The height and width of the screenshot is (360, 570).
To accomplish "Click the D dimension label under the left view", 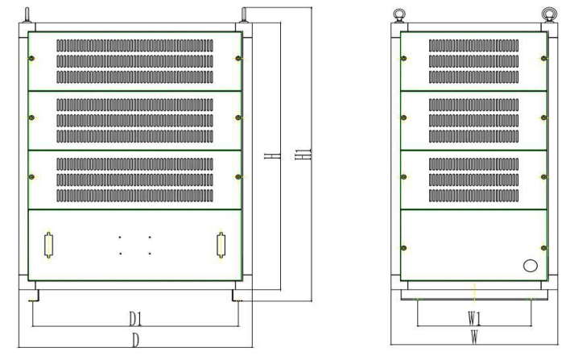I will [x=135, y=339].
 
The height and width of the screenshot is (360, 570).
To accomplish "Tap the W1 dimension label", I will [x=474, y=317].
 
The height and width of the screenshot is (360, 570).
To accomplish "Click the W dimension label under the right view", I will [x=474, y=337].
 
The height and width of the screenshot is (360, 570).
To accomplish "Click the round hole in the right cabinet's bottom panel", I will [x=530, y=266].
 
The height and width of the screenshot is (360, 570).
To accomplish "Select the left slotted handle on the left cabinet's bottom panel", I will [x=49, y=245].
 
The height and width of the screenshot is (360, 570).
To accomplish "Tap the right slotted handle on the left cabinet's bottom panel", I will [x=221, y=245].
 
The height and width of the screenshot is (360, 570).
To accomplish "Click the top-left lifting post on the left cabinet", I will [x=27, y=15].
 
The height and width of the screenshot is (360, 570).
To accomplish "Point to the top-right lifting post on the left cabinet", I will [x=242, y=15].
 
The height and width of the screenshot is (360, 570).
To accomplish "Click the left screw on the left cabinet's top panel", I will [x=31, y=58].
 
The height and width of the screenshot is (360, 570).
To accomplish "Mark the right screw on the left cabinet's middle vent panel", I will [x=238, y=118].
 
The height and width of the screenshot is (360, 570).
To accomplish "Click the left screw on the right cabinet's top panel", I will [x=403, y=58].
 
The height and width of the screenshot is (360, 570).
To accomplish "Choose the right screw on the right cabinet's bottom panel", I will [x=544, y=247].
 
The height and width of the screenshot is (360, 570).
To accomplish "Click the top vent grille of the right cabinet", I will [x=473, y=61].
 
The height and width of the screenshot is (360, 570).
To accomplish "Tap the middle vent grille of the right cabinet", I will [x=473, y=120].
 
